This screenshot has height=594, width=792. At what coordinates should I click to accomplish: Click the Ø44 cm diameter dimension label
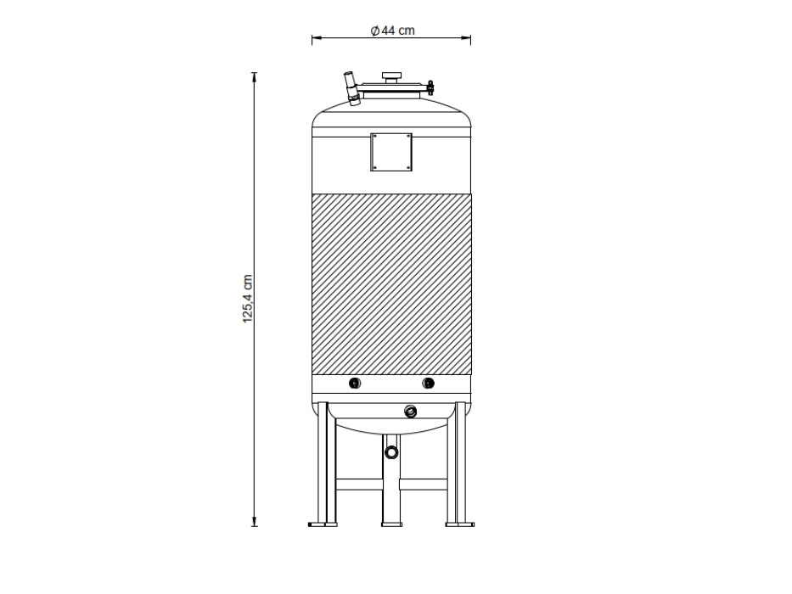[x=392, y=31]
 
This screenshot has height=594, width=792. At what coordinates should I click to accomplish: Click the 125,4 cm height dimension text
[x=249, y=299]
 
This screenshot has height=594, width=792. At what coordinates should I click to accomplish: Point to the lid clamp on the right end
[x=430, y=87]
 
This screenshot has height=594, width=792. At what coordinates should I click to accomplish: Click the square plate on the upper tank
[x=391, y=153]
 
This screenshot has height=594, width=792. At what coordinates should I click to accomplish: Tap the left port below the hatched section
[x=355, y=384]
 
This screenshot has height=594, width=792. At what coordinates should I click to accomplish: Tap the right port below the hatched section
[x=429, y=384]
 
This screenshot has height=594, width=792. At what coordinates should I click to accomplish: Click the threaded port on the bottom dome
[x=411, y=412]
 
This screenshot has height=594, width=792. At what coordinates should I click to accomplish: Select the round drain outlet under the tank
[x=391, y=451]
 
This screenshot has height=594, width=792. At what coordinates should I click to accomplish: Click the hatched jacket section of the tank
[x=391, y=284]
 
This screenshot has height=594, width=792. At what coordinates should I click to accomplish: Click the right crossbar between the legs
[x=424, y=485]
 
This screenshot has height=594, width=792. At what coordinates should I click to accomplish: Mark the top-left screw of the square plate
[x=374, y=136]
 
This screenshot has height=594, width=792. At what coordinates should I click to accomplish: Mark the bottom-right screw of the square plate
[x=408, y=169]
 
